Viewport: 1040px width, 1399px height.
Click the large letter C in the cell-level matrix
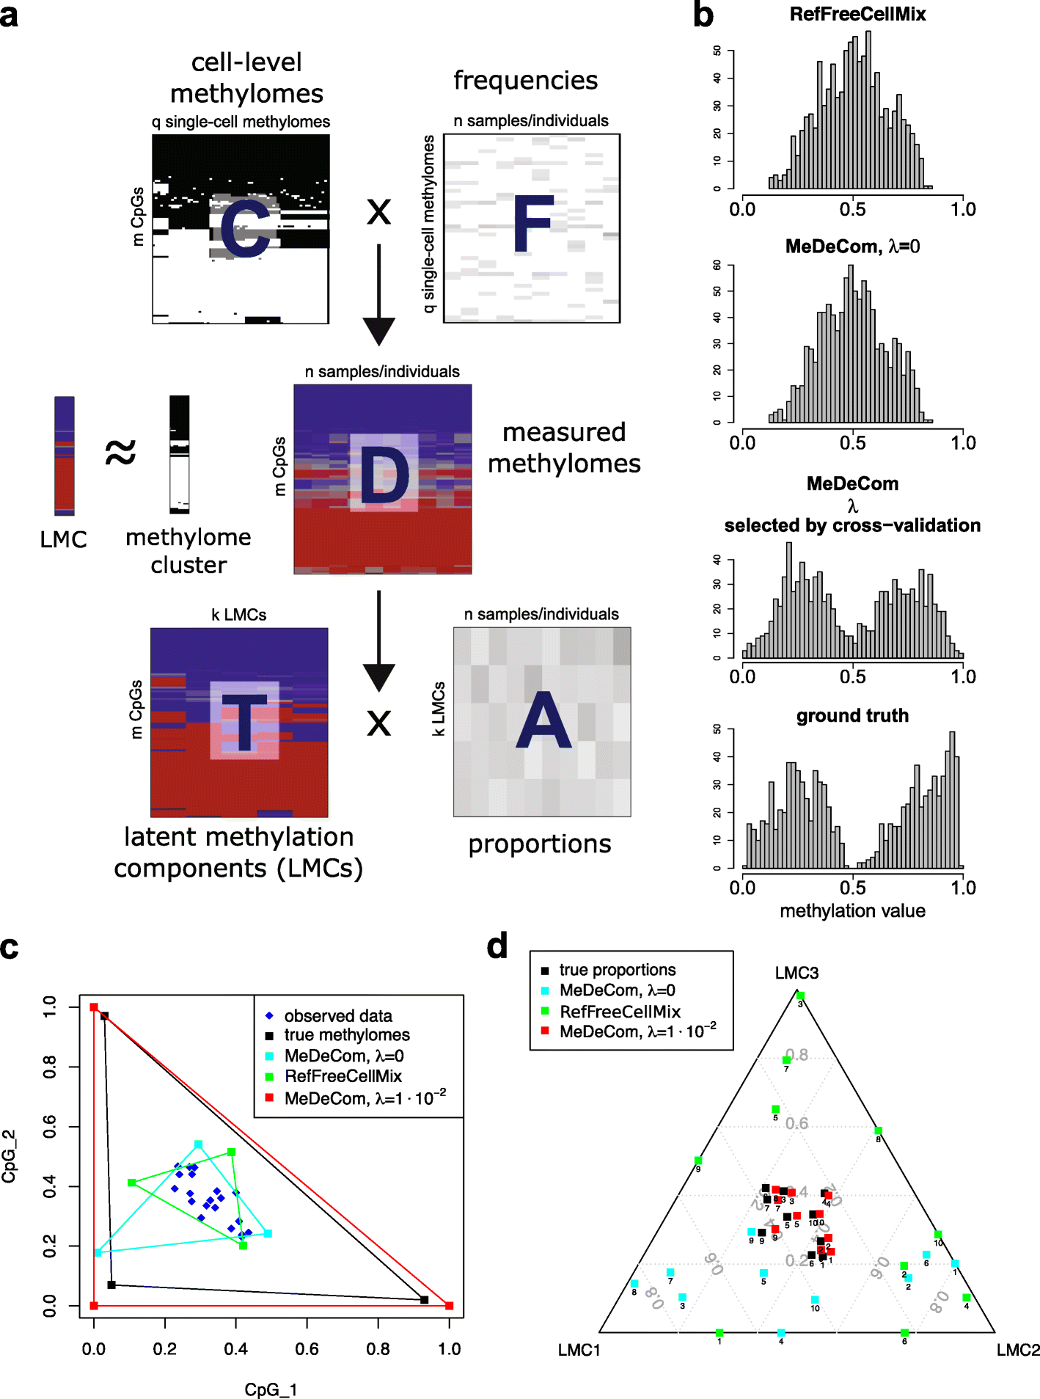246,229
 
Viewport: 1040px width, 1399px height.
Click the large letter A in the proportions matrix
543,721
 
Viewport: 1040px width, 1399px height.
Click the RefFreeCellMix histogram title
857,14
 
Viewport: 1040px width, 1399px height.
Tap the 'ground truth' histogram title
852,715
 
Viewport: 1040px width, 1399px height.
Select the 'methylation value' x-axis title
852,910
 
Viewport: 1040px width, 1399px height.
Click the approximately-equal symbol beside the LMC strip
121,452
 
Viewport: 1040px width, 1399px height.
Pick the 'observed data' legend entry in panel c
337,1016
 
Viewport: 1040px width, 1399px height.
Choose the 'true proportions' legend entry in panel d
617,970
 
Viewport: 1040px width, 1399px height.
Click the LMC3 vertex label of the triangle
797,973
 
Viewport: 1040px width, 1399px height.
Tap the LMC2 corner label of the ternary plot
1017,1350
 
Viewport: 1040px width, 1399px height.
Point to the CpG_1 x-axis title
271,1389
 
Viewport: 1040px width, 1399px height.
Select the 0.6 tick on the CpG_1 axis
307,1348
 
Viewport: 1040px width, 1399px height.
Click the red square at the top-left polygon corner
94,1007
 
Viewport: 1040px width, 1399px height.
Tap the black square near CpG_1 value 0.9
424,1300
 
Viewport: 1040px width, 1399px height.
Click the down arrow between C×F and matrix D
378,293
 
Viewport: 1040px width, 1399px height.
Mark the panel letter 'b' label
703,16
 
